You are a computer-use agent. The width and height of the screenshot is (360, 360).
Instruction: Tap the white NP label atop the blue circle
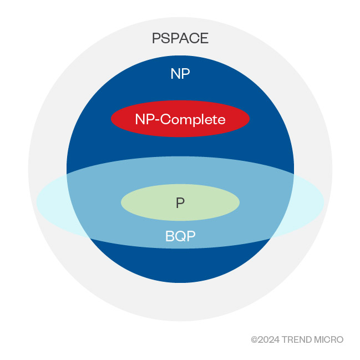(x=180, y=74)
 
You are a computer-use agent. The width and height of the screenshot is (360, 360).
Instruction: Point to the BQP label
(x=180, y=237)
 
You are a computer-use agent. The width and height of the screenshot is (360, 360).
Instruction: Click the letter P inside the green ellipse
(x=180, y=203)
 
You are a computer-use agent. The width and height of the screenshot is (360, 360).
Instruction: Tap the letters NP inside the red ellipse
(x=144, y=119)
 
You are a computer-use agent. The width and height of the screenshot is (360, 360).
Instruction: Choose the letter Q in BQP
(x=180, y=237)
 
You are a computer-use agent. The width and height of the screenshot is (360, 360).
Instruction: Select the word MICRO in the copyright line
(x=329, y=339)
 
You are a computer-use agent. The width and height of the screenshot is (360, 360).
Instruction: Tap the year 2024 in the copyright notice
(x=269, y=339)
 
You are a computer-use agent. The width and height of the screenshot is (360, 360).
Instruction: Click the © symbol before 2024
(x=255, y=339)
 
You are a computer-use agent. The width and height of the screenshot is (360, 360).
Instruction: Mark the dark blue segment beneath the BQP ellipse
(x=180, y=263)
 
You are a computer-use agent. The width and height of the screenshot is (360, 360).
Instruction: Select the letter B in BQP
(x=170, y=237)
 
